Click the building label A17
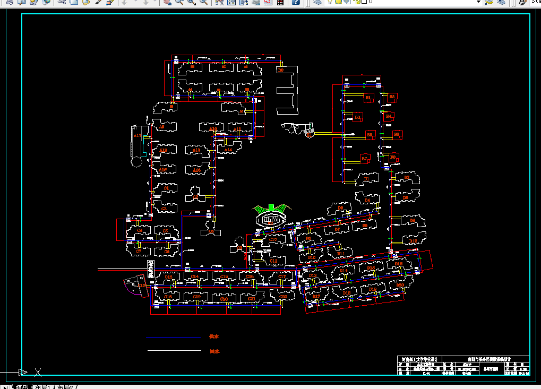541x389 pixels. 138,136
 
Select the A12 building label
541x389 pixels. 163,151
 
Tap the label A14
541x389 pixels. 228,151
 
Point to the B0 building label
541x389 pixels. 281,70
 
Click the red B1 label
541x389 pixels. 367,98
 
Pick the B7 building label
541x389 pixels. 364,159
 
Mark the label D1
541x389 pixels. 366,179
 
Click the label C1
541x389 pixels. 166,188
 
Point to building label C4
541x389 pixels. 140,230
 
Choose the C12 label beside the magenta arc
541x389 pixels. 142,286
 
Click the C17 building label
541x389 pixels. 282,277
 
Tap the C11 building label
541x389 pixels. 273,261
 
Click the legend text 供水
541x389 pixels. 214,336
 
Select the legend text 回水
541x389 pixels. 214,351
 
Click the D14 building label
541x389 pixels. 344,271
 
